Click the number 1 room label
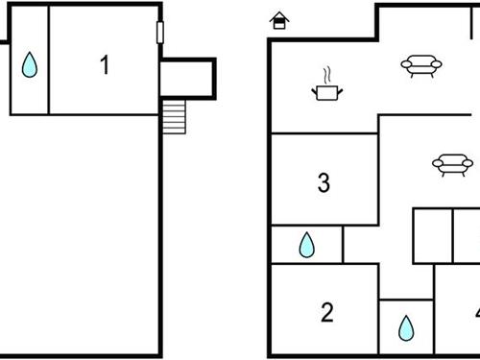point(105,65)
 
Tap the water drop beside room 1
point(30,64)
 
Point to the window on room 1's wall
point(159,33)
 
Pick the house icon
point(279,21)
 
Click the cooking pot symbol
point(325,92)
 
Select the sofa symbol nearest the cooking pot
point(420,65)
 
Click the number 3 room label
point(324,181)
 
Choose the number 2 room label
point(326,311)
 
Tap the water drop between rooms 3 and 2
point(306,245)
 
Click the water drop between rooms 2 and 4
point(406,328)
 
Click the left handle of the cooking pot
point(315,90)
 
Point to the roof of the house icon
point(279,16)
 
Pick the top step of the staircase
point(172,102)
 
